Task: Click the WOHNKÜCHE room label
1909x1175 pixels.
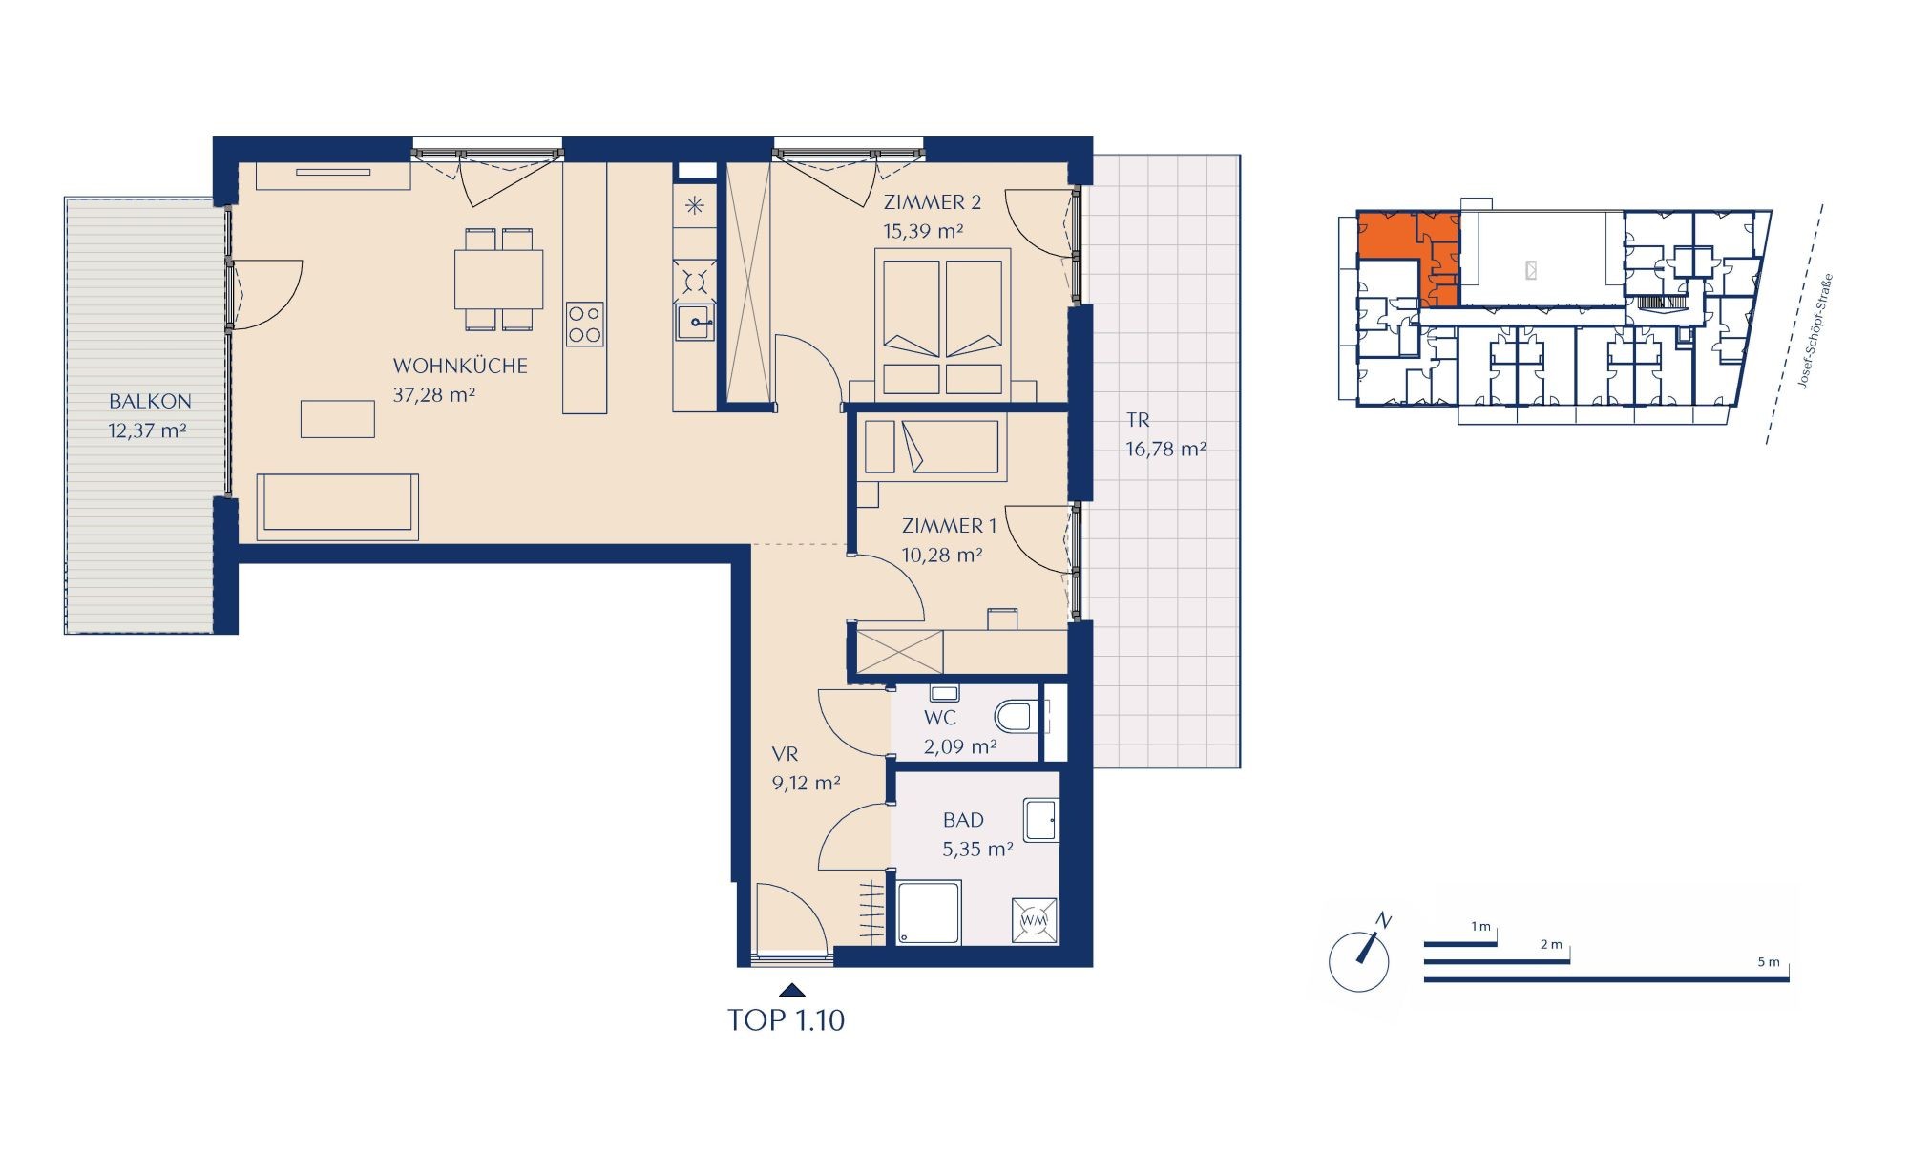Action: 460,366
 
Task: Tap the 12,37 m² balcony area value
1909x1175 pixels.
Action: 147,430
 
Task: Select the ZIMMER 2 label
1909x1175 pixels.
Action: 933,202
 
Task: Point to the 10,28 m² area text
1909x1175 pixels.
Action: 942,555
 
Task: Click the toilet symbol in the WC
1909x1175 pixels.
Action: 1017,715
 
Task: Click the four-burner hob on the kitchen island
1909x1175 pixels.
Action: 584,323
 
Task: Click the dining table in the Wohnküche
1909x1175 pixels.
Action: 498,278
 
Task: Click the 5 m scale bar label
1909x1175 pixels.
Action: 1768,962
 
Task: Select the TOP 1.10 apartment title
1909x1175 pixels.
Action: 787,1020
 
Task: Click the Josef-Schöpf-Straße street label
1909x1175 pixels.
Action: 1815,330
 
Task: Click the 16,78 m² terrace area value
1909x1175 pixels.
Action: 1166,449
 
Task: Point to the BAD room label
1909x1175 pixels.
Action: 963,820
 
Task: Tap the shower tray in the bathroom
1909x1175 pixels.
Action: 929,913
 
